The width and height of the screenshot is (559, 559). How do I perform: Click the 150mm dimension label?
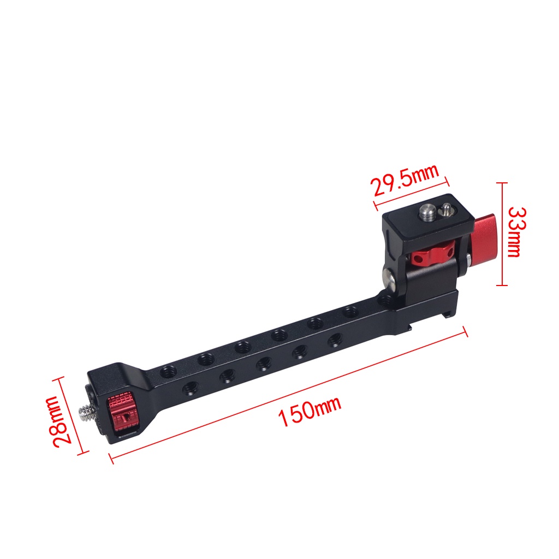tap(310, 413)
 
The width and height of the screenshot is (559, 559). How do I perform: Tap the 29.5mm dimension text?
tap(405, 181)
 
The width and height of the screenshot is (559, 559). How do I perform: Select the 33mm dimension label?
tap(515, 231)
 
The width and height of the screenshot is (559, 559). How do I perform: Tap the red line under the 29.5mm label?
tap(411, 192)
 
